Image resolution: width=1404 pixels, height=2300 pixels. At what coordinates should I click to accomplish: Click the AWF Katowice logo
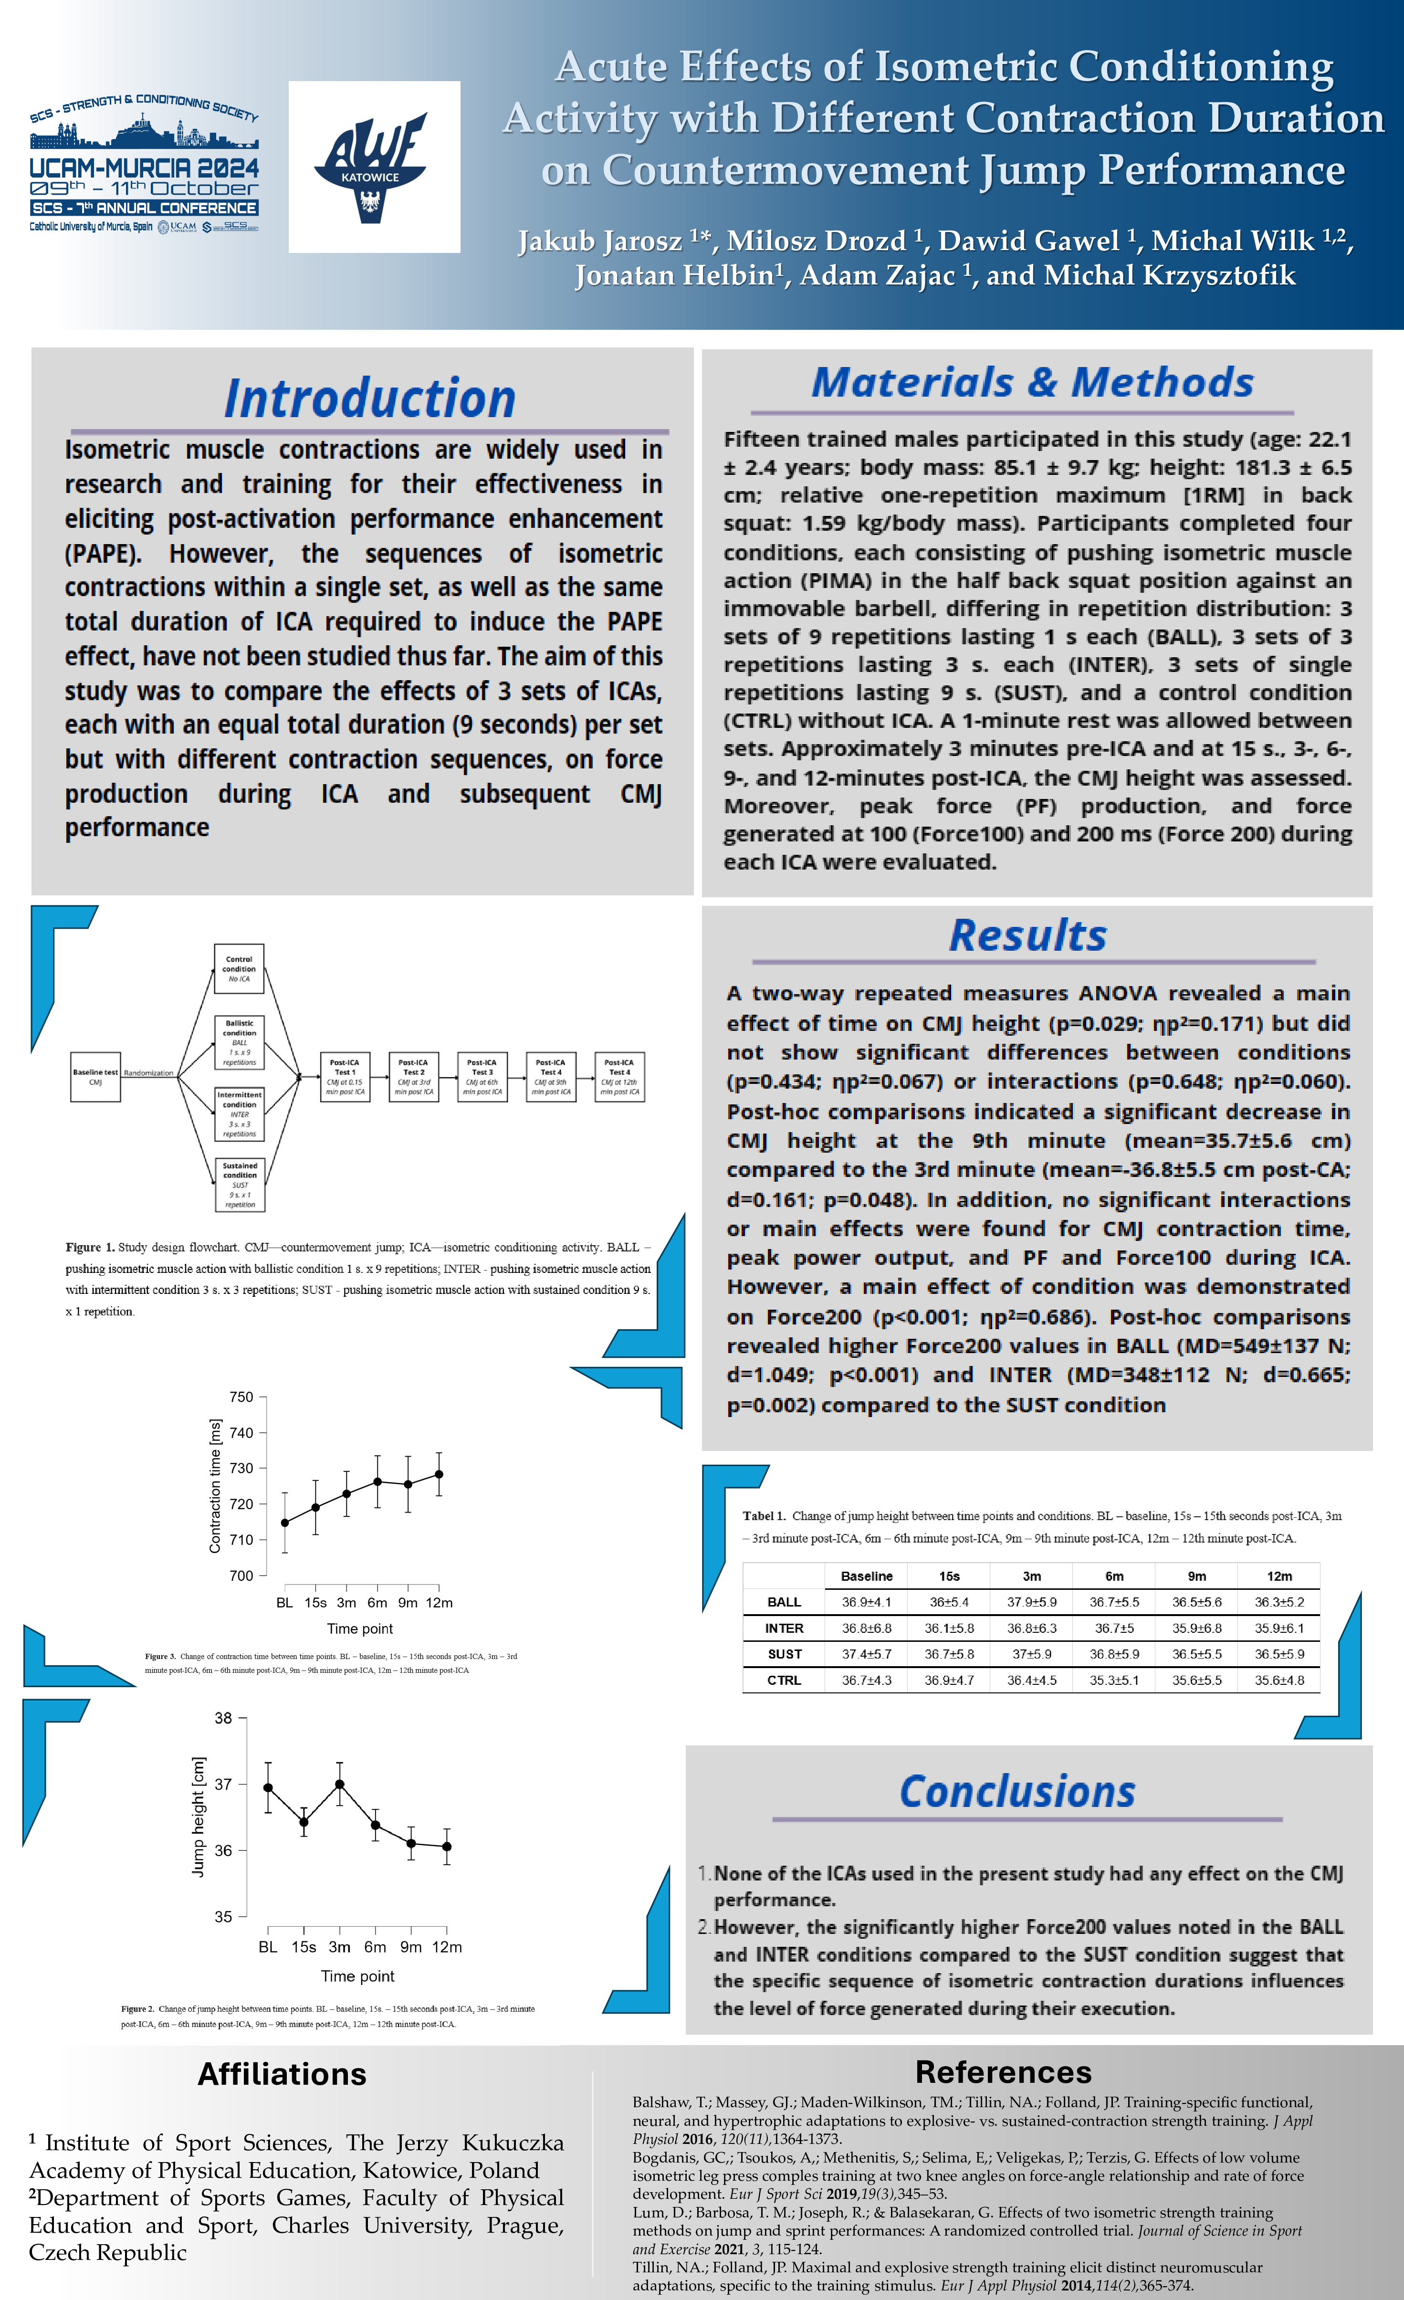pos(373,167)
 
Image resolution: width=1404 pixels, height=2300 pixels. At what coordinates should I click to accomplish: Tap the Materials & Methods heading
pos(1032,383)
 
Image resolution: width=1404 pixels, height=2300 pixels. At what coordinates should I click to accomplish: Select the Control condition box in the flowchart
pos(239,969)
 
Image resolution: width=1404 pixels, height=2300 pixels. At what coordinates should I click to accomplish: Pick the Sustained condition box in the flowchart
pos(240,1185)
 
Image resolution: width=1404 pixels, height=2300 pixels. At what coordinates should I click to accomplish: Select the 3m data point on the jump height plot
pos(340,1784)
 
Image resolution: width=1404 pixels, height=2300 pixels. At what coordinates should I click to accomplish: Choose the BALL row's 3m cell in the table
pos(1032,1602)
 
